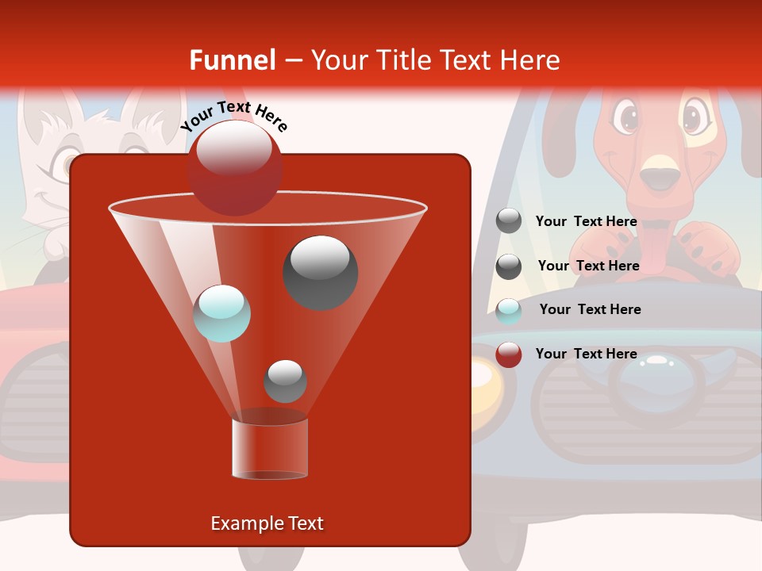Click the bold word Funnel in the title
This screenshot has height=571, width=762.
(x=232, y=60)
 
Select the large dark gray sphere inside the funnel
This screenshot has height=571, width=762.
(x=321, y=272)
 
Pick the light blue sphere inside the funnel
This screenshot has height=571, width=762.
(x=221, y=313)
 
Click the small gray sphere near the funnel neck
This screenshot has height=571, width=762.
(x=285, y=381)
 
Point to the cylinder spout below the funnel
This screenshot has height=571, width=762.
(x=269, y=448)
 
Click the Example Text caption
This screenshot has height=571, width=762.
(x=267, y=523)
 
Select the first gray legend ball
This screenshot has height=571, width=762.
(x=509, y=221)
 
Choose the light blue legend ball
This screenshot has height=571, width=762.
(x=509, y=311)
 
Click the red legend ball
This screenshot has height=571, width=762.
(x=509, y=354)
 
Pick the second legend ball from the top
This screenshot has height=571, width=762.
(x=509, y=266)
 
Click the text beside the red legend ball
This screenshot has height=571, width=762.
(x=586, y=354)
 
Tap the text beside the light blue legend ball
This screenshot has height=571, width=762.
(x=590, y=309)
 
